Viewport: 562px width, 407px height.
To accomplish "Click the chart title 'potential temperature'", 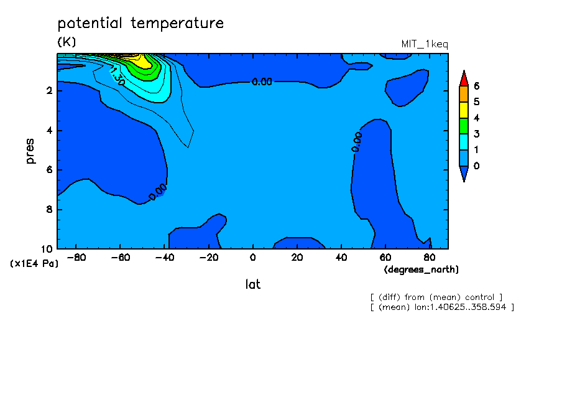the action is [140, 23].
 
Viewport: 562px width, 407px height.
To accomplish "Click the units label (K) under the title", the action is [67, 42].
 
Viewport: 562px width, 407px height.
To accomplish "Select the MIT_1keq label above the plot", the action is [425, 44].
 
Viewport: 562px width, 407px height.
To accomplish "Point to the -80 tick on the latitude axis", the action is [76, 258].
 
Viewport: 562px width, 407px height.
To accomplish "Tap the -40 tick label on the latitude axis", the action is [165, 258].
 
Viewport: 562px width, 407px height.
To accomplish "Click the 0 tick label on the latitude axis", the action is [252, 258].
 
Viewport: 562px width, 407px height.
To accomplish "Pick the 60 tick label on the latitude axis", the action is [385, 258].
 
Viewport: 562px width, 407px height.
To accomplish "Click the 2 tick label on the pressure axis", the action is [49, 90].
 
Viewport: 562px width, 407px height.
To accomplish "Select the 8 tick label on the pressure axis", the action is [49, 209].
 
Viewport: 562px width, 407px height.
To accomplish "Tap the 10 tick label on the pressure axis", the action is [47, 249].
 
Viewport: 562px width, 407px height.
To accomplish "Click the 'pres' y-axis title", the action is [30, 151].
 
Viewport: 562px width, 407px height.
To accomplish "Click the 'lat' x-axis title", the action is [252, 284].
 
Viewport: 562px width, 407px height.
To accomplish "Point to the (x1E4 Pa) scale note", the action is [34, 263].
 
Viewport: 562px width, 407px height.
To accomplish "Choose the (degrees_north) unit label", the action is [421, 269].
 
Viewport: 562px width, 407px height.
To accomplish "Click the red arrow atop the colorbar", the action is [464, 78].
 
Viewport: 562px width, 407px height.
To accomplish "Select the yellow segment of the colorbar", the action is [464, 110].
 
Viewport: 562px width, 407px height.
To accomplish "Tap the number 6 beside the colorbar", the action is [476, 86].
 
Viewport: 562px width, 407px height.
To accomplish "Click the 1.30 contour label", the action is [117, 76].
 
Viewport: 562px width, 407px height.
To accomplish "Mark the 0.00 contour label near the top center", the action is [262, 82].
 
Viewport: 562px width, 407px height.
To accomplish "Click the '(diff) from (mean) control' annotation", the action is [436, 297].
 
